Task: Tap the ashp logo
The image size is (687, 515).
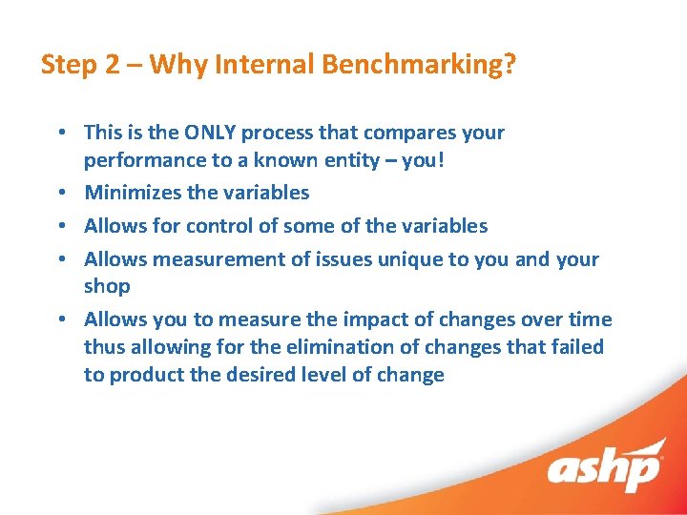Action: (x=604, y=470)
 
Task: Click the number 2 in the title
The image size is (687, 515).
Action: (x=112, y=65)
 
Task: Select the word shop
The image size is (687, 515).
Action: (x=107, y=286)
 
